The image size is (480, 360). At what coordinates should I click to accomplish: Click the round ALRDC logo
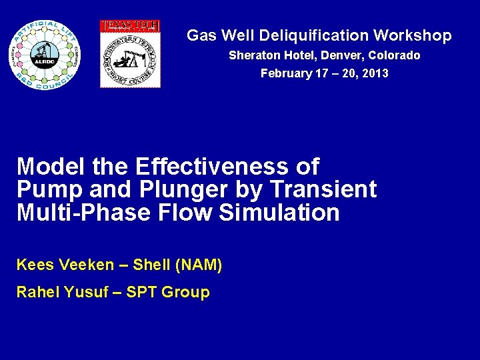click(44, 55)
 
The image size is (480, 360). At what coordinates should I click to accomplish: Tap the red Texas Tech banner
click(130, 26)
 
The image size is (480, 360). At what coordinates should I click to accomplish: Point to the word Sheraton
click(251, 55)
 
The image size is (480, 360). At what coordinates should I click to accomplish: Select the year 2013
click(374, 73)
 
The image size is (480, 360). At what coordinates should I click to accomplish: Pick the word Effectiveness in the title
click(227, 166)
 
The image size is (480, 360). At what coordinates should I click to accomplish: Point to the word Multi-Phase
click(75, 213)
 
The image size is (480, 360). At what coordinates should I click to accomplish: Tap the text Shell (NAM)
click(177, 265)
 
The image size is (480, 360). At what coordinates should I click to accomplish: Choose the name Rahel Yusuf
click(59, 292)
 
